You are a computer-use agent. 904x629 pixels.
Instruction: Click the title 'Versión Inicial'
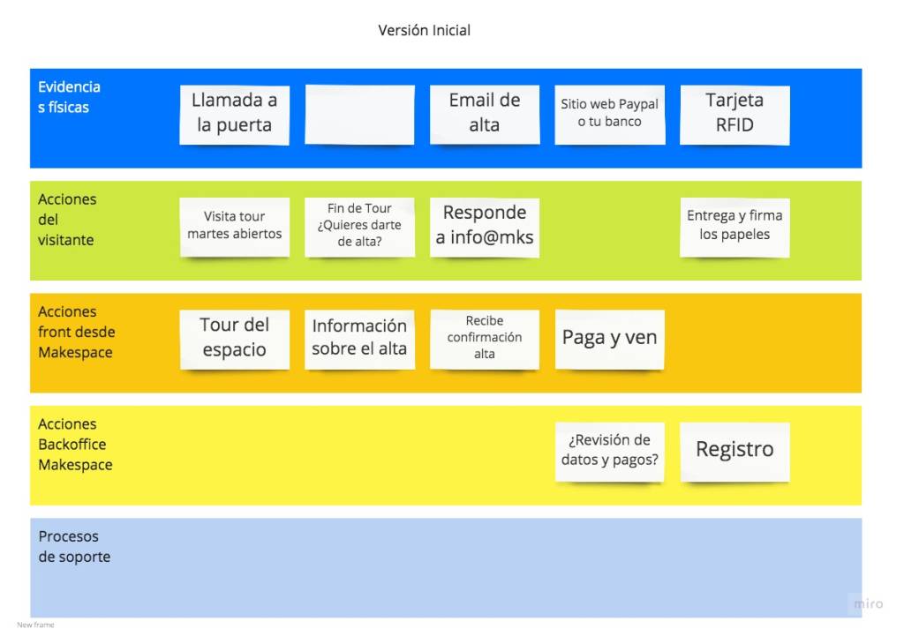point(425,30)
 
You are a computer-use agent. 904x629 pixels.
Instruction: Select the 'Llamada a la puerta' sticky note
point(234,115)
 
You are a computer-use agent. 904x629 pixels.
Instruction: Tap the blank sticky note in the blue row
point(359,115)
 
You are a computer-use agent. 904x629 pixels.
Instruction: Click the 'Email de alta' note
point(485,115)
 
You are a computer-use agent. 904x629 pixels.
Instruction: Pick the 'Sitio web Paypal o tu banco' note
point(609,115)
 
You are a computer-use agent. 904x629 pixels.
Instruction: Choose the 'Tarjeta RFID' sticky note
point(734,115)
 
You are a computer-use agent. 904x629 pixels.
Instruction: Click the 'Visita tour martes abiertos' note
point(234,227)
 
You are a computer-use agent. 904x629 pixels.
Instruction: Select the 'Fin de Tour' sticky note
point(359,227)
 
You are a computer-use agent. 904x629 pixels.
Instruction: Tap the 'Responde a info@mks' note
point(485,227)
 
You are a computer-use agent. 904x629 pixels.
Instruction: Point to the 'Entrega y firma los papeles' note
point(734,227)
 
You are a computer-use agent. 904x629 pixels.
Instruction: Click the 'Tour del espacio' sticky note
point(234,340)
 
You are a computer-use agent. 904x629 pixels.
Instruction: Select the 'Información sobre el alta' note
point(359,340)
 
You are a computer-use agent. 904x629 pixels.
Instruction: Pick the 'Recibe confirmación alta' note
point(485,340)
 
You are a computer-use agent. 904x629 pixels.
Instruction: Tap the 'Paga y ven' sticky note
point(609,340)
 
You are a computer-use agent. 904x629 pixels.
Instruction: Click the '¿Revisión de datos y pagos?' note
point(609,452)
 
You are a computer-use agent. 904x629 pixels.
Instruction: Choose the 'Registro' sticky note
point(734,452)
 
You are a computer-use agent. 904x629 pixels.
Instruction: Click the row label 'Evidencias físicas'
point(69,97)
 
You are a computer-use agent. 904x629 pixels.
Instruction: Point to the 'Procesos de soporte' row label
point(74,546)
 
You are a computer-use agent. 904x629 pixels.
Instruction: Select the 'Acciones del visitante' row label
point(67,220)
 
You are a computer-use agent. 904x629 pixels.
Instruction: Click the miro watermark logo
point(869,603)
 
